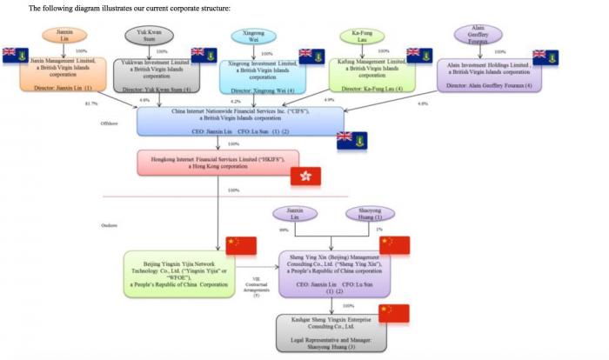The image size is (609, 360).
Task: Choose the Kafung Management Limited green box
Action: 372,75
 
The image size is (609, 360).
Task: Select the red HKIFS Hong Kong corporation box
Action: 217,163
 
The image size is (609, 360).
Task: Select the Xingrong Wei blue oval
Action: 253,36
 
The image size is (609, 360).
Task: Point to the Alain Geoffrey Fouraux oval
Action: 478,34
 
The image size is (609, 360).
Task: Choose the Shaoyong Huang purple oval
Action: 369,214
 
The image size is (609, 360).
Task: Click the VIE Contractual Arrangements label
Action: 257,287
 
